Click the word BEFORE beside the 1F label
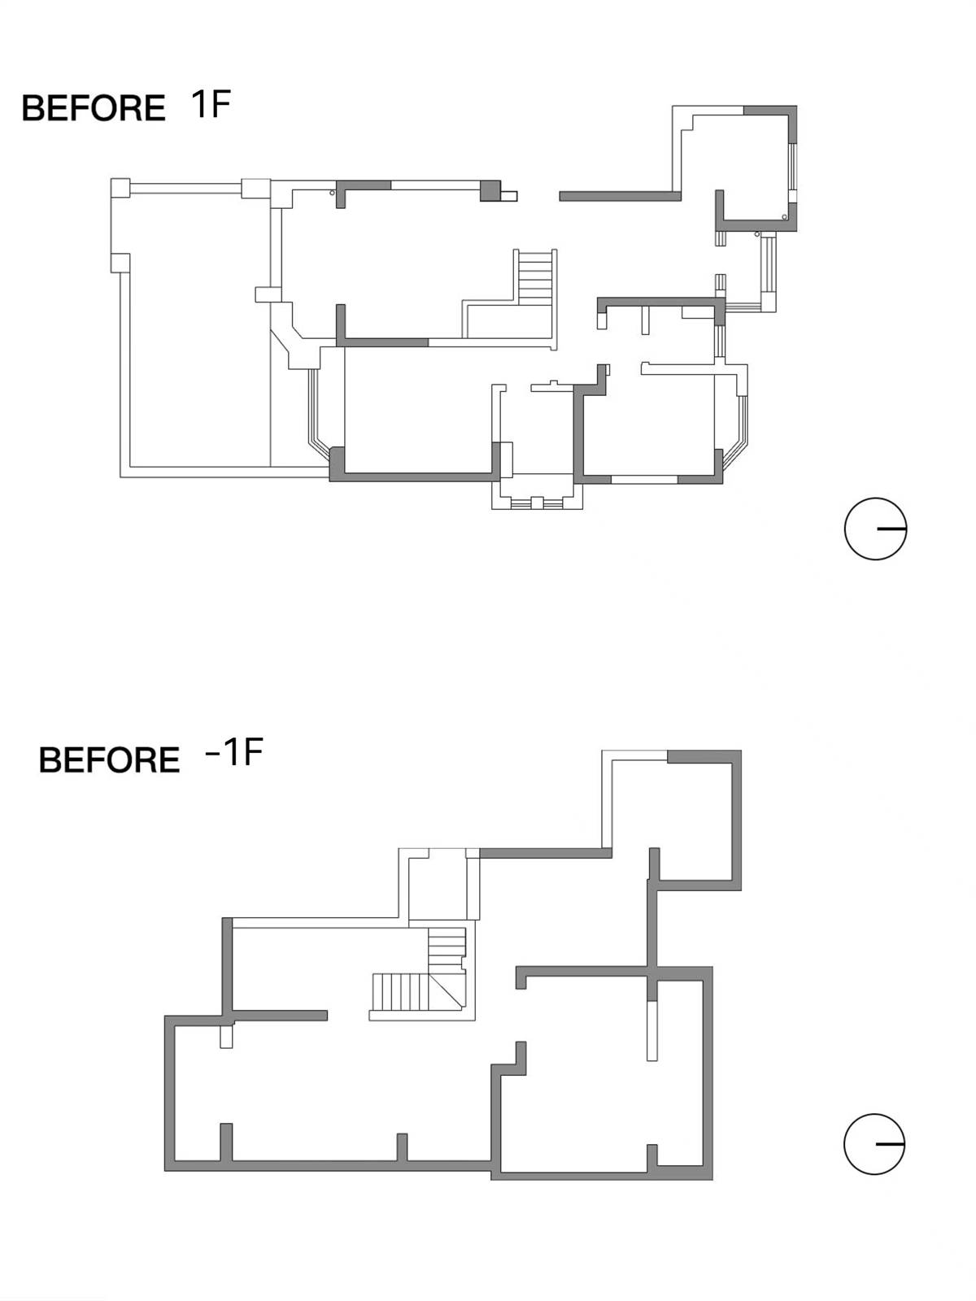coord(94,108)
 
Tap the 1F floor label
coord(211,104)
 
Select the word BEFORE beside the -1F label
coord(109,759)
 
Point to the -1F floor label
coord(233,752)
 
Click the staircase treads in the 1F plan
coord(535,277)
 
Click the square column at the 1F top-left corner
coord(120,188)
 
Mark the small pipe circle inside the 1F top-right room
coord(785,217)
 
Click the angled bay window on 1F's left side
coord(316,412)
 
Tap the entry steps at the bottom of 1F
coord(536,503)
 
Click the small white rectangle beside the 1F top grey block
coord(509,196)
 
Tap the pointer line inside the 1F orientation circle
coord(891,528)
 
